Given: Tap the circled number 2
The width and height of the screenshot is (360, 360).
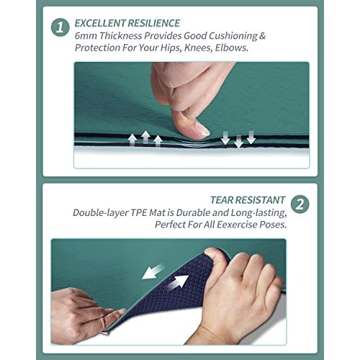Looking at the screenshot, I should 300,204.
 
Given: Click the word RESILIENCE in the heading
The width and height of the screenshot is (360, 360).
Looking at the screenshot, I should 153,23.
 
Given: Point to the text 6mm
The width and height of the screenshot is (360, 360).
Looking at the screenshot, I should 86,35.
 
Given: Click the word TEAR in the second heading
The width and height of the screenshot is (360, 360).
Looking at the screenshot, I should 223,199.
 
